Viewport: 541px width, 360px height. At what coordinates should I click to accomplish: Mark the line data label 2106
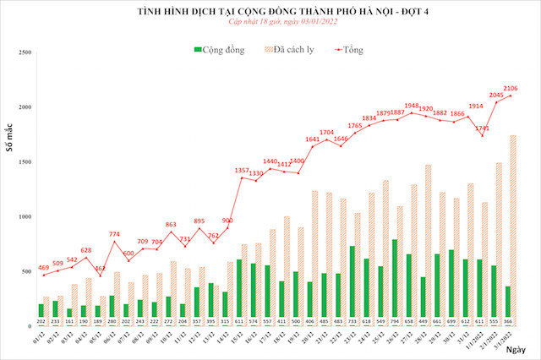point(510,88)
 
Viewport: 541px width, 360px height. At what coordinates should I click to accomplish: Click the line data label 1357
point(241,170)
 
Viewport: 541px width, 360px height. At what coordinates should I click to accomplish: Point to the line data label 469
point(43,267)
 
